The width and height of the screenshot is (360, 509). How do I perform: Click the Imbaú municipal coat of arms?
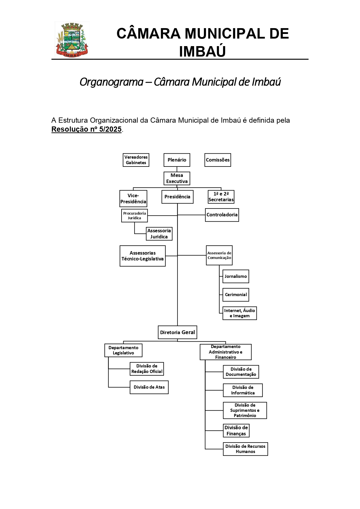[72, 40]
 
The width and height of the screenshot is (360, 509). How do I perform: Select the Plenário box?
[177, 160]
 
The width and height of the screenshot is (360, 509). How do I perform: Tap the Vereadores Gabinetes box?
[136, 160]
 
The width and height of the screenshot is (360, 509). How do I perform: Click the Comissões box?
[218, 160]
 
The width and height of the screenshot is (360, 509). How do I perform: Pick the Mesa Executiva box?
[177, 178]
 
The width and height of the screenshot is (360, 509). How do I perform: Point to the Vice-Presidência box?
[133, 198]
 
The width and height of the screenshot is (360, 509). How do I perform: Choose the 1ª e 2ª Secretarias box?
[221, 197]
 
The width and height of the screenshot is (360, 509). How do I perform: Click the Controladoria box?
[222, 215]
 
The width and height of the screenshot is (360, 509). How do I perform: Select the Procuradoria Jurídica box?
[134, 215]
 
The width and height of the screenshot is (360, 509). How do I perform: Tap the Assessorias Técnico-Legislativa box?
[142, 256]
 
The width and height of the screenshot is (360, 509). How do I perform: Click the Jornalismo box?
[236, 276]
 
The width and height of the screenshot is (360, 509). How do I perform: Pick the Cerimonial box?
[236, 295]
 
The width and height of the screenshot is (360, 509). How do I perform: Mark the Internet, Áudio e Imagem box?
[240, 313]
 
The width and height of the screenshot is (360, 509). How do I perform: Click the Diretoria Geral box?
[177, 332]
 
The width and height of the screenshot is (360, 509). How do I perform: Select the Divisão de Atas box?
[149, 387]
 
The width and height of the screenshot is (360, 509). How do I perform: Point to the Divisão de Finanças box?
[236, 431]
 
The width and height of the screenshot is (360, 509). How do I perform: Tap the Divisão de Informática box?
[243, 390]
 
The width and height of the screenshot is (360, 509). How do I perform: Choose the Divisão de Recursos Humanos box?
[245, 449]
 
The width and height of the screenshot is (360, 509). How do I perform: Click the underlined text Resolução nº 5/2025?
[86, 129]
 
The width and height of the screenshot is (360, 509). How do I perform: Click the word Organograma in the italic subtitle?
[111, 82]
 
